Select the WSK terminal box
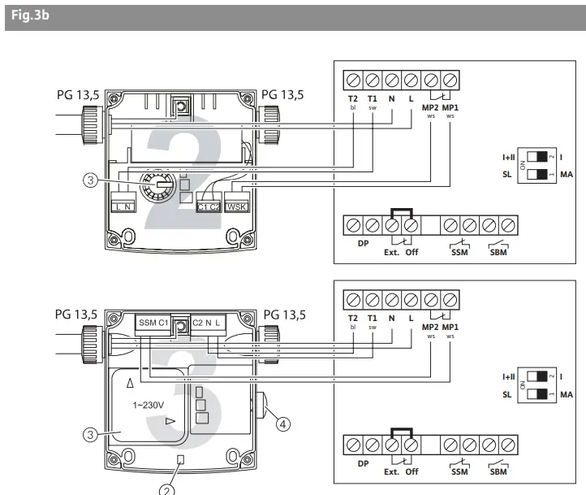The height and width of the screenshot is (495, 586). [236, 206]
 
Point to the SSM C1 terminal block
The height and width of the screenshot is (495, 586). [153, 323]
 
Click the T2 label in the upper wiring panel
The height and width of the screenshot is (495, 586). [352, 99]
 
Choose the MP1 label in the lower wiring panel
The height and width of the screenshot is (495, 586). [450, 328]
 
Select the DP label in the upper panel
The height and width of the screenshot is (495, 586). [362, 243]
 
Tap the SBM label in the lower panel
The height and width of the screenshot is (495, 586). [498, 472]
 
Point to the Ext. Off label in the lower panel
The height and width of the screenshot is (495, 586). [402, 472]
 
